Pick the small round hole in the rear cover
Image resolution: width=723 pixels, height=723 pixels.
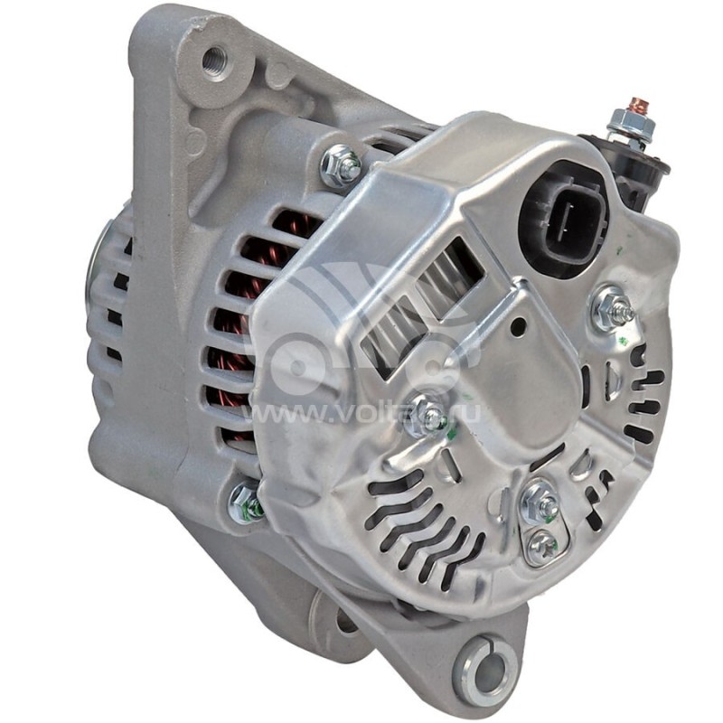coord(518,327)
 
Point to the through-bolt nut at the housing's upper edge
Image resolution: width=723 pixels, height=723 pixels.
coord(343,165)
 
